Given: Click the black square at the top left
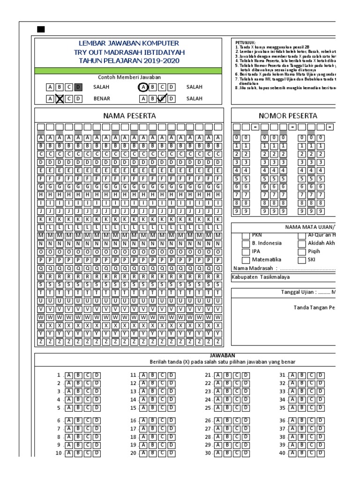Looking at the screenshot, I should pos(41,30).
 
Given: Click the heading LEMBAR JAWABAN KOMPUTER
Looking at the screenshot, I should pos(128,43).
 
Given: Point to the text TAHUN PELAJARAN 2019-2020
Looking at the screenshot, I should pos(128,61).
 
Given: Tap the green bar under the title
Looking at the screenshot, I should pos(128,71).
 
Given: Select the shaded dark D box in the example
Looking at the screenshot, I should pos(78,87).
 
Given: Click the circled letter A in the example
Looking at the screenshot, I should pos(143,87).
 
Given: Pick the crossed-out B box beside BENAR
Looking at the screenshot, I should pos(60,98).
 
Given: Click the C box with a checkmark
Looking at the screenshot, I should pos(162,98).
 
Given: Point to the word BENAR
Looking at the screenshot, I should pos(102,99).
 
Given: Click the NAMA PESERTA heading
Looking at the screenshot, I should pos(129,115).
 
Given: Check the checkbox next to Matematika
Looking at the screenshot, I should pos(246,260).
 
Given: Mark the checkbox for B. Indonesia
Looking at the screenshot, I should pos(246,243).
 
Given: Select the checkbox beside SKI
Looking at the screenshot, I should pos(302,260).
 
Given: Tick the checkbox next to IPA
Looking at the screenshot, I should pos(246,252).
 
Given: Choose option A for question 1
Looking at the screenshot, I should pos(69,375).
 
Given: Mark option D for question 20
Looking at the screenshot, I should pos(171,453).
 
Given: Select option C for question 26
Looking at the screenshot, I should pos(237,420).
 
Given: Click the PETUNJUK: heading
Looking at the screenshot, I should pos(246,42).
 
